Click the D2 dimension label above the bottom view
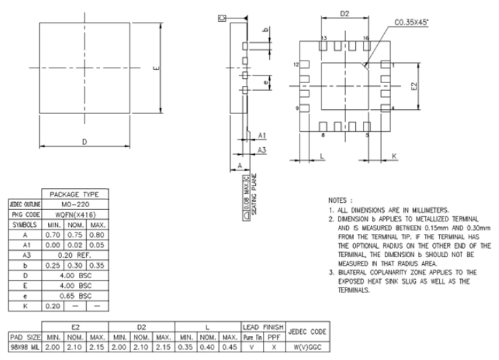point(345,13)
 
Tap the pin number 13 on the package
point(324,37)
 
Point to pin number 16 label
point(366,37)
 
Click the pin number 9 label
point(297,108)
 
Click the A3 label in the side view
point(261,151)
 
